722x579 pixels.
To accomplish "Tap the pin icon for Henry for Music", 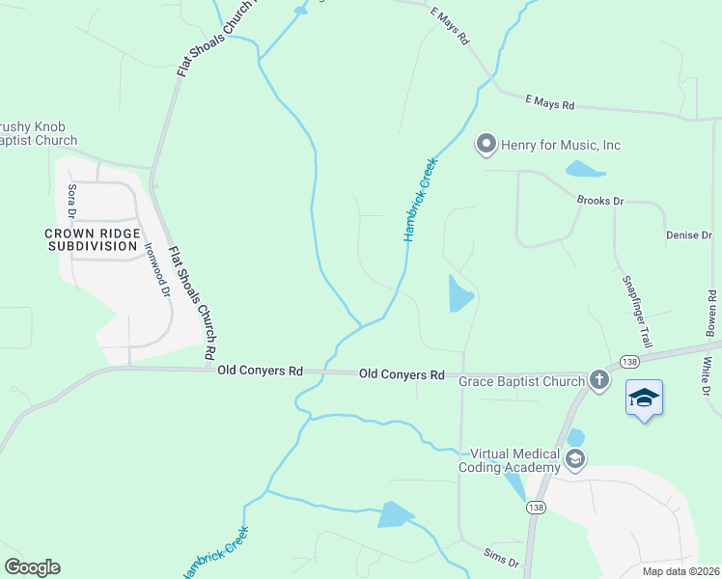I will [x=486, y=145].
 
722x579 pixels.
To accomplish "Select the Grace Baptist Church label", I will [x=521, y=381].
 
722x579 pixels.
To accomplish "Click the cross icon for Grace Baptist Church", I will [x=599, y=380].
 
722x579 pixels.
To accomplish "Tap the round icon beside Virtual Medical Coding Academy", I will [x=576, y=458].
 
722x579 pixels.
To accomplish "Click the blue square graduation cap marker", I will [x=644, y=398].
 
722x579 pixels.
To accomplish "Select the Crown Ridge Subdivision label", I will [x=93, y=239].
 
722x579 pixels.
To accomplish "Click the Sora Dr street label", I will [x=71, y=202].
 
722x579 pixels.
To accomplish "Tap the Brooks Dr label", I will [x=600, y=201].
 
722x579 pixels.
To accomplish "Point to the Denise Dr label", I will [x=688, y=235].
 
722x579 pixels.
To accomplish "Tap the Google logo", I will [x=32, y=567].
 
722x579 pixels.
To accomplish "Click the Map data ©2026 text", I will [x=680, y=571].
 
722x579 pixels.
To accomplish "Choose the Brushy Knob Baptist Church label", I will [x=39, y=134].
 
